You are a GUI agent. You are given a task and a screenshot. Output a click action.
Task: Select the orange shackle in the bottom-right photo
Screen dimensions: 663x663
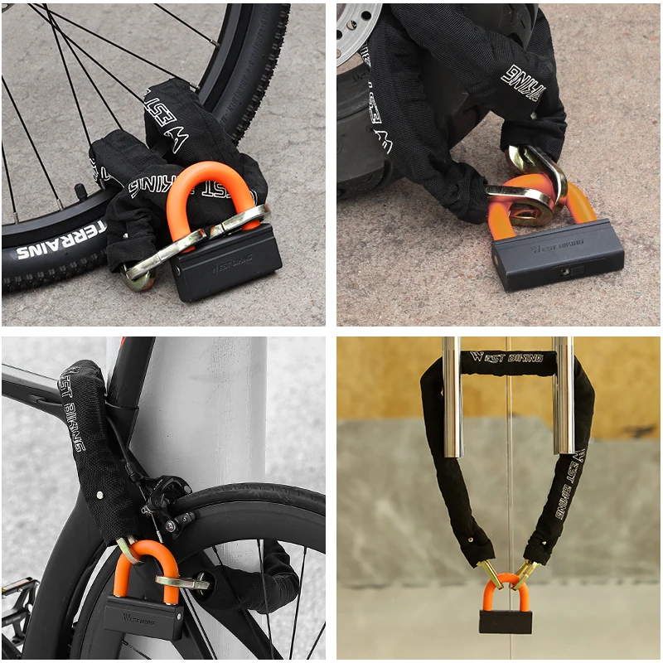pos(505,590)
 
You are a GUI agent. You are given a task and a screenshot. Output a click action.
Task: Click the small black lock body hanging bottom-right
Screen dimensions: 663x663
pos(505,622)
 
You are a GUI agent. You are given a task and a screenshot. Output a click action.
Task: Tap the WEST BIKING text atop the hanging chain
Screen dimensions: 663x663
pos(507,358)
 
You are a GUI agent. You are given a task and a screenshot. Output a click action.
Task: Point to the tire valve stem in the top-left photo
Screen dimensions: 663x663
pos(81,191)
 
